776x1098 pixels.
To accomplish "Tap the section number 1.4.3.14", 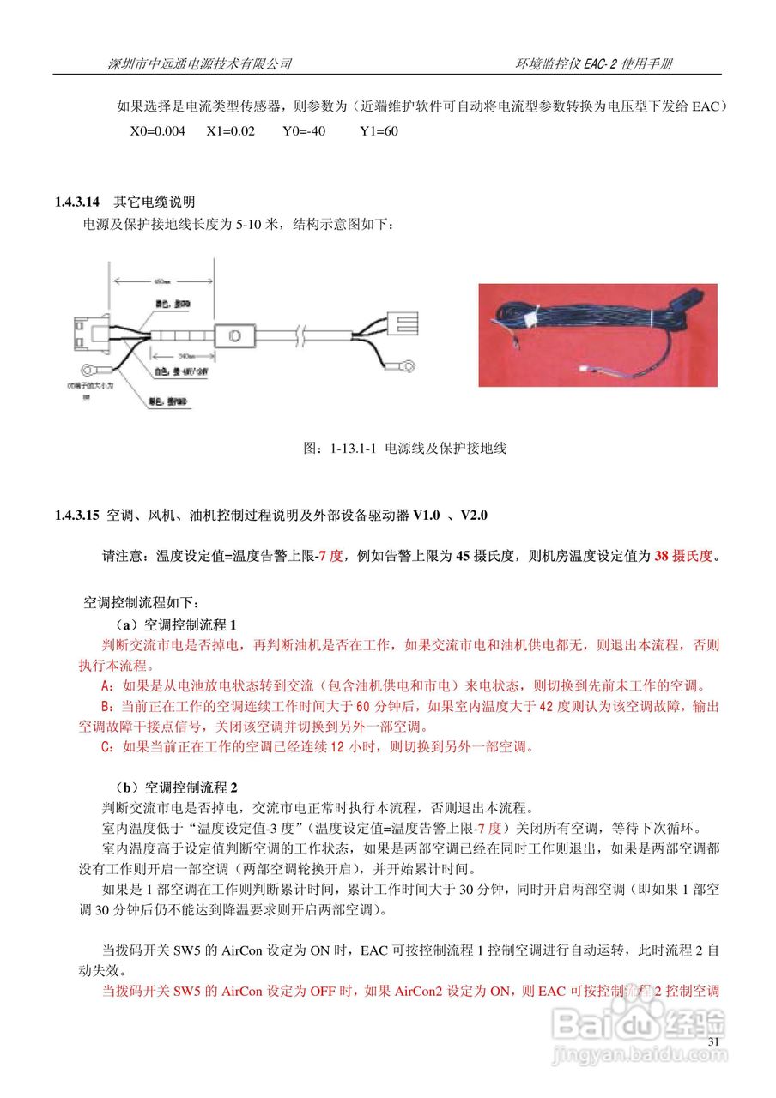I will (78, 202).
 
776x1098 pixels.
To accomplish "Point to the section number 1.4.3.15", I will (78, 516).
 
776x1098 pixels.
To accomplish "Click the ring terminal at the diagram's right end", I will (406, 366).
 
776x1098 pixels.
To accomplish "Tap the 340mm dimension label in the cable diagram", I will (183, 354).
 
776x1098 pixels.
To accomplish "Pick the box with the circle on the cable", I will (235, 335).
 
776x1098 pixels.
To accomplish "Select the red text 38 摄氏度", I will (683, 555).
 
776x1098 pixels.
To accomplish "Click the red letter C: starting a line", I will (107, 746).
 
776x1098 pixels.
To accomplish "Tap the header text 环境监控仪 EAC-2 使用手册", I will (593, 64).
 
